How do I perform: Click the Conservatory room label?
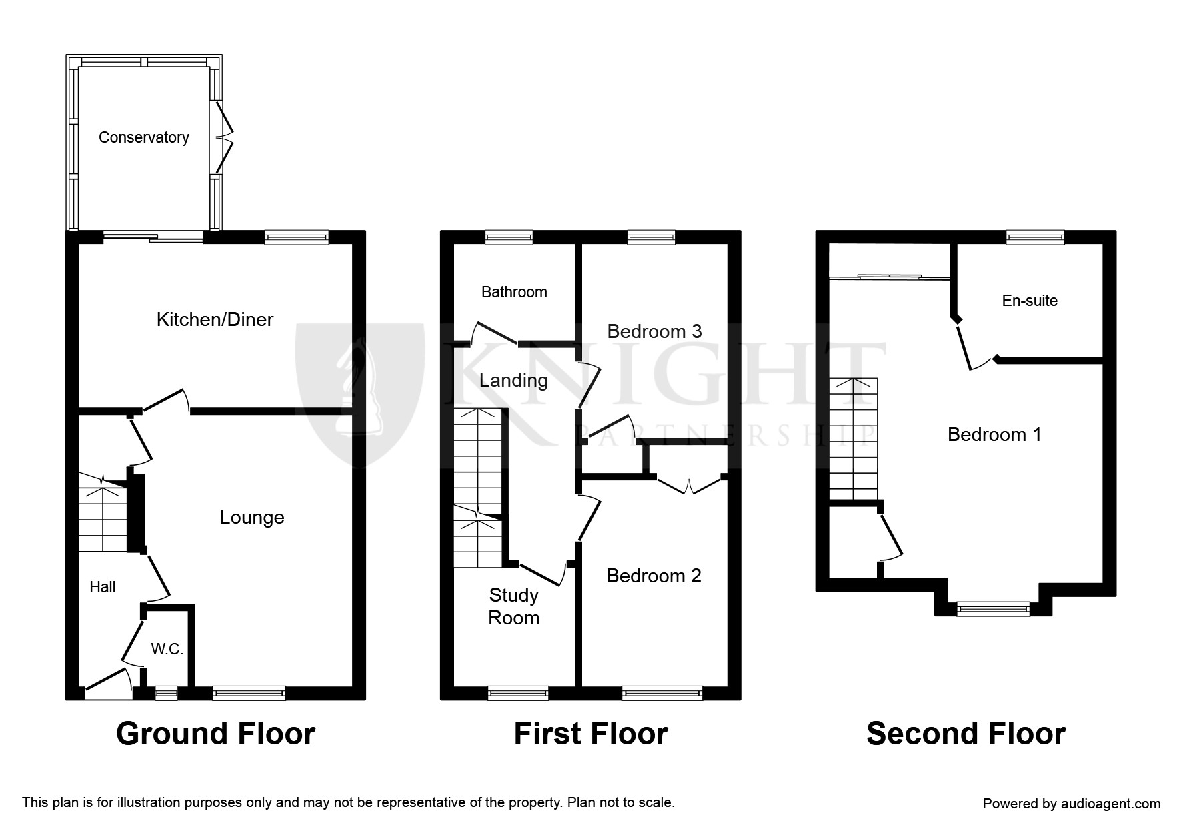click(x=143, y=137)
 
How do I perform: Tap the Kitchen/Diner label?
click(x=215, y=319)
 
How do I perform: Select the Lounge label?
click(x=252, y=517)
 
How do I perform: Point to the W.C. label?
click(x=167, y=649)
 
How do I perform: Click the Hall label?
click(x=103, y=587)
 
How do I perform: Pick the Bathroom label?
click(x=514, y=292)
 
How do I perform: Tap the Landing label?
click(x=513, y=380)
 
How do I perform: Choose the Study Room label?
click(x=513, y=606)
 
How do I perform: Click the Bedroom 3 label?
click(x=654, y=331)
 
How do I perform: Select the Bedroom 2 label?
click(x=654, y=576)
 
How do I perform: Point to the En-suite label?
click(x=1030, y=301)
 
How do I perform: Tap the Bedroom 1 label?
click(x=994, y=434)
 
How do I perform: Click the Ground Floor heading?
click(x=215, y=734)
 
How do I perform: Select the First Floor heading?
click(x=590, y=734)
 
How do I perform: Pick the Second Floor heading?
click(x=966, y=734)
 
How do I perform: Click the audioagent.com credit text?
click(x=1072, y=804)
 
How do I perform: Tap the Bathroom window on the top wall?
click(x=509, y=237)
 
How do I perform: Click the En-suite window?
click(x=1035, y=237)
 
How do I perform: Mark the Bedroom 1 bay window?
click(x=993, y=608)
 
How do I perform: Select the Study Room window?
click(x=518, y=693)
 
